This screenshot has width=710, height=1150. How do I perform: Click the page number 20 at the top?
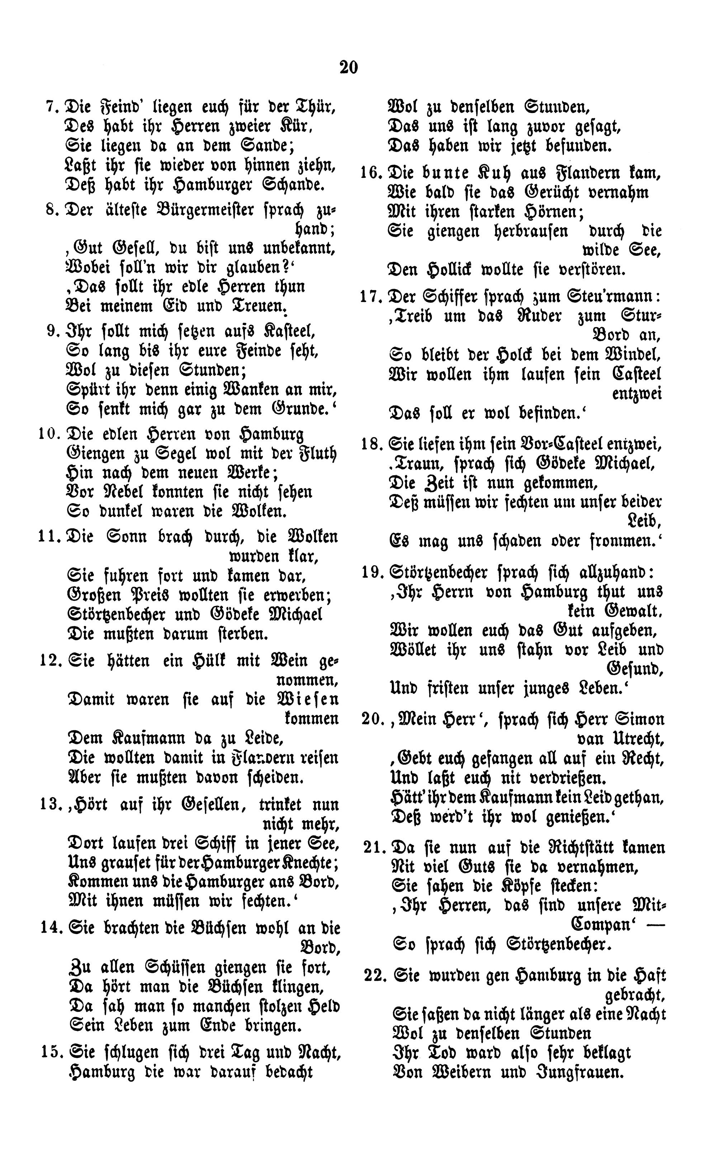click(x=349, y=68)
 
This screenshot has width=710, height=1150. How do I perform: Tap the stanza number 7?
click(x=50, y=107)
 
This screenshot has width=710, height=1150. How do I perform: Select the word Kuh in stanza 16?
click(x=492, y=173)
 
